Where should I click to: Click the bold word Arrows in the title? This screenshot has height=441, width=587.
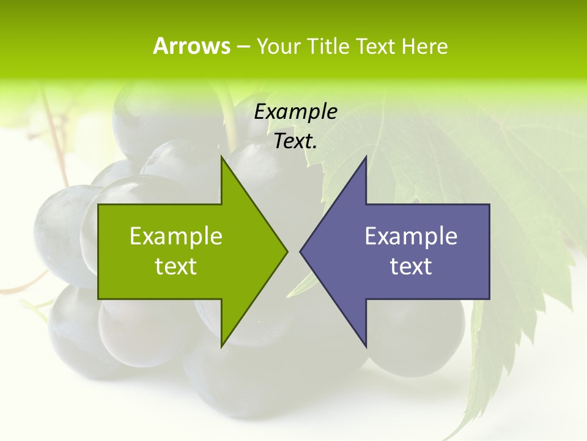(x=191, y=46)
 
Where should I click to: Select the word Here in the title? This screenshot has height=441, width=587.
(x=425, y=46)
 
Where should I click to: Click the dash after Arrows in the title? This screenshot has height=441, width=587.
(x=243, y=47)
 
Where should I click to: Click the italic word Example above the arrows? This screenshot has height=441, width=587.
(x=296, y=111)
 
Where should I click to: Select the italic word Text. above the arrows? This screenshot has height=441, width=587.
(x=296, y=141)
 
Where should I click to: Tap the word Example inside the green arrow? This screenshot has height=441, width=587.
(x=176, y=236)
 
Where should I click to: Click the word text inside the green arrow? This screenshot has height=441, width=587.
(x=176, y=266)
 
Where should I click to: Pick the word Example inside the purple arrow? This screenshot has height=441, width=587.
(x=411, y=236)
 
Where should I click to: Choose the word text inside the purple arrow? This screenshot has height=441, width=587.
(x=411, y=266)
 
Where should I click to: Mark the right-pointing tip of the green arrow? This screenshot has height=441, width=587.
(x=287, y=251)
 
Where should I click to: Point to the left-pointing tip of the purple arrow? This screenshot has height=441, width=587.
(x=301, y=251)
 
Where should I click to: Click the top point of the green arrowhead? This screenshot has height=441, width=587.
(x=222, y=157)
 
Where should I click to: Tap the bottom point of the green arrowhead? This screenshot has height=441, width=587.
(x=222, y=346)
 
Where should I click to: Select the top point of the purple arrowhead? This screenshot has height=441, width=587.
(x=366, y=157)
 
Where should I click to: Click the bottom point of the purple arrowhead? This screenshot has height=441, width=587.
(x=366, y=346)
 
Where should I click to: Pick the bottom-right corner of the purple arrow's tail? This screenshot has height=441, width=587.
(x=489, y=298)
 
